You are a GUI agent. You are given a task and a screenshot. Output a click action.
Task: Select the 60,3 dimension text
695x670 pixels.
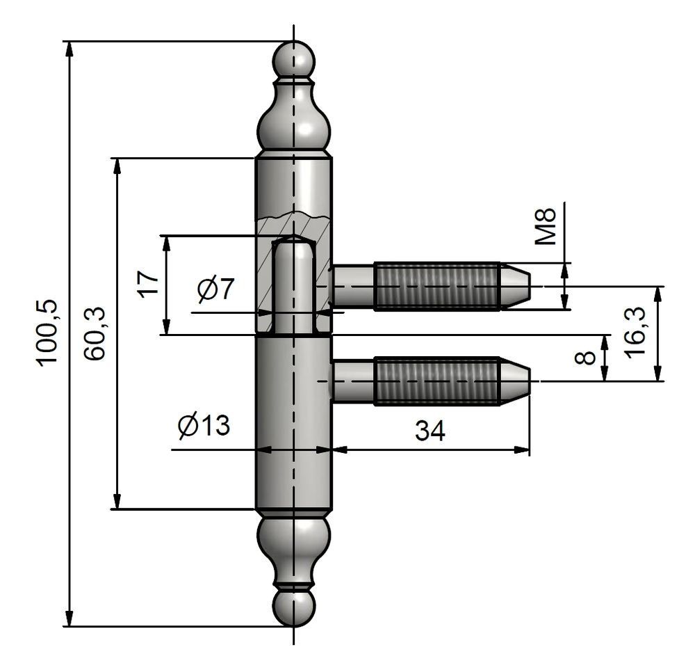coord(95,333)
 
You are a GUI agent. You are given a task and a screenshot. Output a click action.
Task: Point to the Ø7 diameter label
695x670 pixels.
coord(215,289)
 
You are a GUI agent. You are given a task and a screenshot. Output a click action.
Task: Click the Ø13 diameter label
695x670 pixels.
coord(203,425)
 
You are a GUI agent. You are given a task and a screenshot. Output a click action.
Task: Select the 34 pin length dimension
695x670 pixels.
coord(430,431)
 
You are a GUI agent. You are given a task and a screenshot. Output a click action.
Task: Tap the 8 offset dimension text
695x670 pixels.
coord(586,358)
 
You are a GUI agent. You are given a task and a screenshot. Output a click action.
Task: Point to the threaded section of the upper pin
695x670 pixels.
coord(436,286)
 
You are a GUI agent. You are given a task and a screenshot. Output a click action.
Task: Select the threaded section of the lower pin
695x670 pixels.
coord(436,381)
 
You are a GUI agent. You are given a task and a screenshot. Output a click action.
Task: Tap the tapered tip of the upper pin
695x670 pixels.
coord(516,286)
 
